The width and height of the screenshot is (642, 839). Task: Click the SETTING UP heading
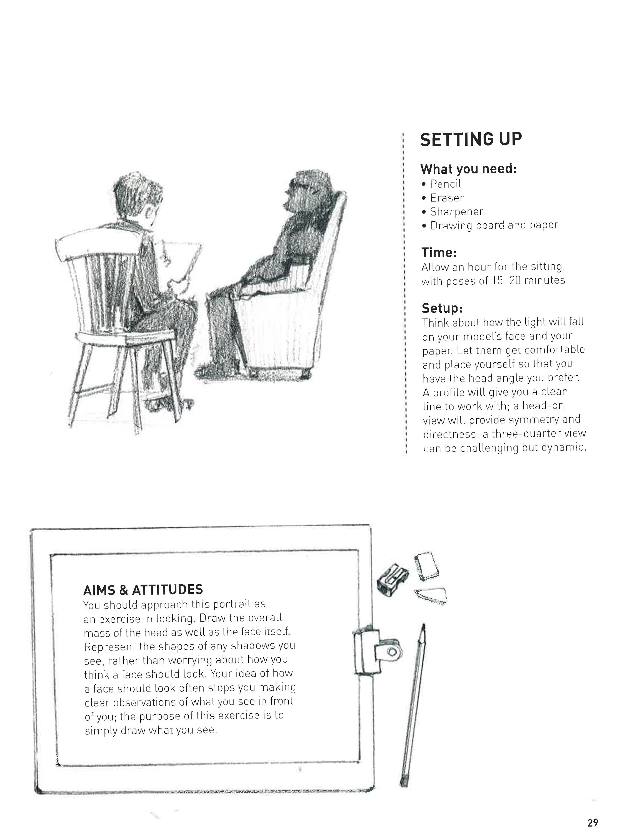click(x=471, y=140)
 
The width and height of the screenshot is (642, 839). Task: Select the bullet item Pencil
click(x=445, y=184)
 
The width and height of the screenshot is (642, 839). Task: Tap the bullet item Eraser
click(x=447, y=198)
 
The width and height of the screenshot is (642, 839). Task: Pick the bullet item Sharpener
click(x=456, y=211)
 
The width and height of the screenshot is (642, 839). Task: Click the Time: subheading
click(x=439, y=253)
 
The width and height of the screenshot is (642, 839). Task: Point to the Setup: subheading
click(x=442, y=308)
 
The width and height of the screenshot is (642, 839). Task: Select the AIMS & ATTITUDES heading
click(x=143, y=590)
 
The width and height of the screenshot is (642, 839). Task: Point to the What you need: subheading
click(x=468, y=169)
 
